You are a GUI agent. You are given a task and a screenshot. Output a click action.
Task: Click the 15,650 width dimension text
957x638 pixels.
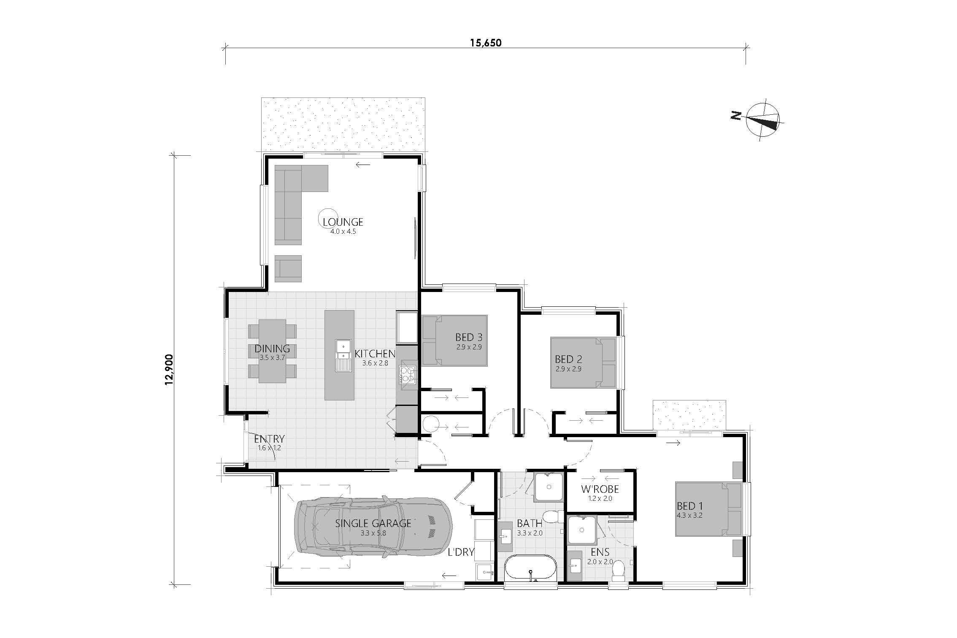point(486,43)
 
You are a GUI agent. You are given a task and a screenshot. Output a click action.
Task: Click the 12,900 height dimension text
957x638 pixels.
point(170,370)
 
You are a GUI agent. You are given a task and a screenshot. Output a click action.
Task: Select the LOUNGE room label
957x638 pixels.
point(343,222)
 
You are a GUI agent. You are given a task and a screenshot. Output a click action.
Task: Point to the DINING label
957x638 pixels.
point(272,349)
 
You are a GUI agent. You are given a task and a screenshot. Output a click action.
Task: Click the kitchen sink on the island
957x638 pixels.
point(343,355)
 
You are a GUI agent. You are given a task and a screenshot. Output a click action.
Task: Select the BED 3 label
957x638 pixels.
point(468,337)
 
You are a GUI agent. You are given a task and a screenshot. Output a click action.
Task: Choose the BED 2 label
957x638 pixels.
point(568,359)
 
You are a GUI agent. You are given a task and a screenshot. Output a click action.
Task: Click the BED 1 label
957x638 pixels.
point(689,506)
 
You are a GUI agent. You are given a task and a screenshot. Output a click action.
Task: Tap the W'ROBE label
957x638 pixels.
point(600,489)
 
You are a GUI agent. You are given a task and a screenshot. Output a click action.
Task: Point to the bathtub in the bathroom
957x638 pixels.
point(530,568)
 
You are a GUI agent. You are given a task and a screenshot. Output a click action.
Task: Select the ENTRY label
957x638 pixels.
point(269,439)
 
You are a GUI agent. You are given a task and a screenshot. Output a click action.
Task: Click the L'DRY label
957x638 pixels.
point(461,552)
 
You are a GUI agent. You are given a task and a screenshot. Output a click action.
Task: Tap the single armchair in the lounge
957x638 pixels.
point(288,268)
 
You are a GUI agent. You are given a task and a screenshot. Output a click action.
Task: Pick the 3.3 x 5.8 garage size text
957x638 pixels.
point(373,533)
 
